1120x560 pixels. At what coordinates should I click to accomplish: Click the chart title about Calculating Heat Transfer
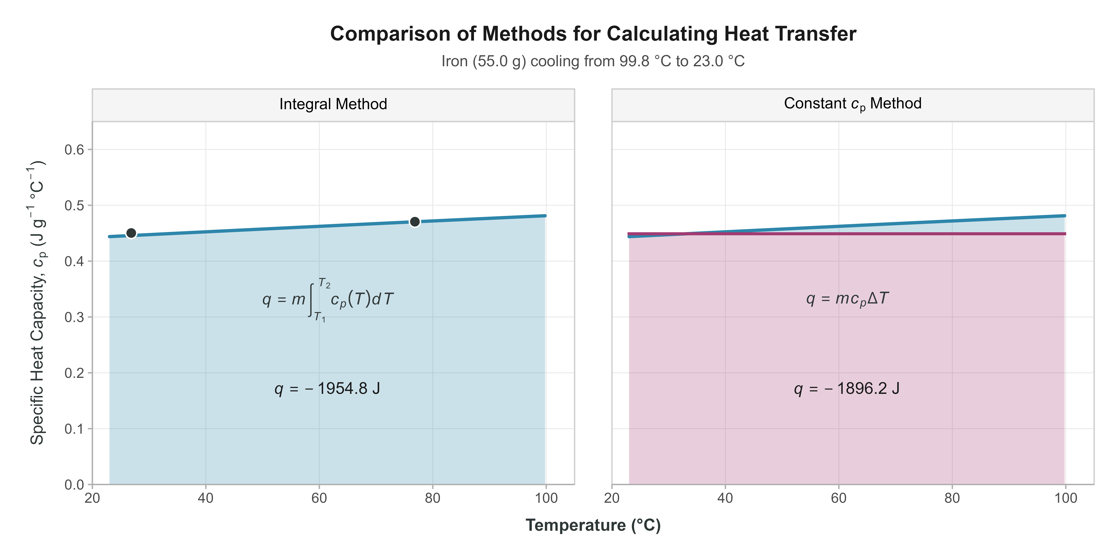[x=593, y=34]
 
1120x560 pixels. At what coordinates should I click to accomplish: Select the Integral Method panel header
[x=333, y=104]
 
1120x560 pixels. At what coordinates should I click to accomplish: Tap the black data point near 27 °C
[x=131, y=233]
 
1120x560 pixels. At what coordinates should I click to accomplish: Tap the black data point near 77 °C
[x=415, y=222]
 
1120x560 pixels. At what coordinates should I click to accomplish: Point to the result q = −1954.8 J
[x=327, y=388]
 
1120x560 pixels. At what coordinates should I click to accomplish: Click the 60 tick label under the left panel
[x=319, y=498]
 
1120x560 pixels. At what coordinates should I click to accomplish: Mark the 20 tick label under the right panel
[x=612, y=498]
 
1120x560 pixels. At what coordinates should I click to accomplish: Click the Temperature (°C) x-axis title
[x=593, y=525]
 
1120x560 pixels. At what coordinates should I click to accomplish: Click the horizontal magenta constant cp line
[x=870, y=234]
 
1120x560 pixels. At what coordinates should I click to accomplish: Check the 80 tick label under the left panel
[x=433, y=498]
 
